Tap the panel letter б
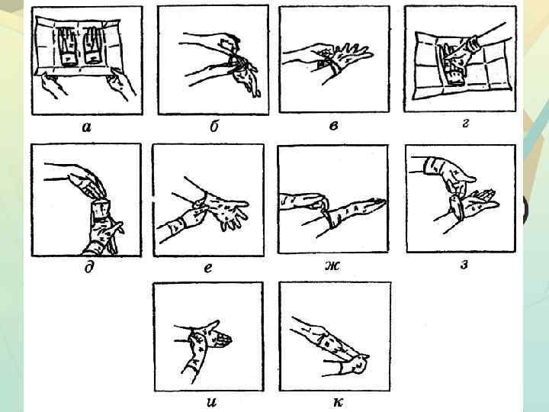click(214, 127)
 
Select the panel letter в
click(333, 125)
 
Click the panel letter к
click(336, 401)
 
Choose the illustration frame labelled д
click(85, 200)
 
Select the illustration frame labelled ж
click(334, 199)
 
